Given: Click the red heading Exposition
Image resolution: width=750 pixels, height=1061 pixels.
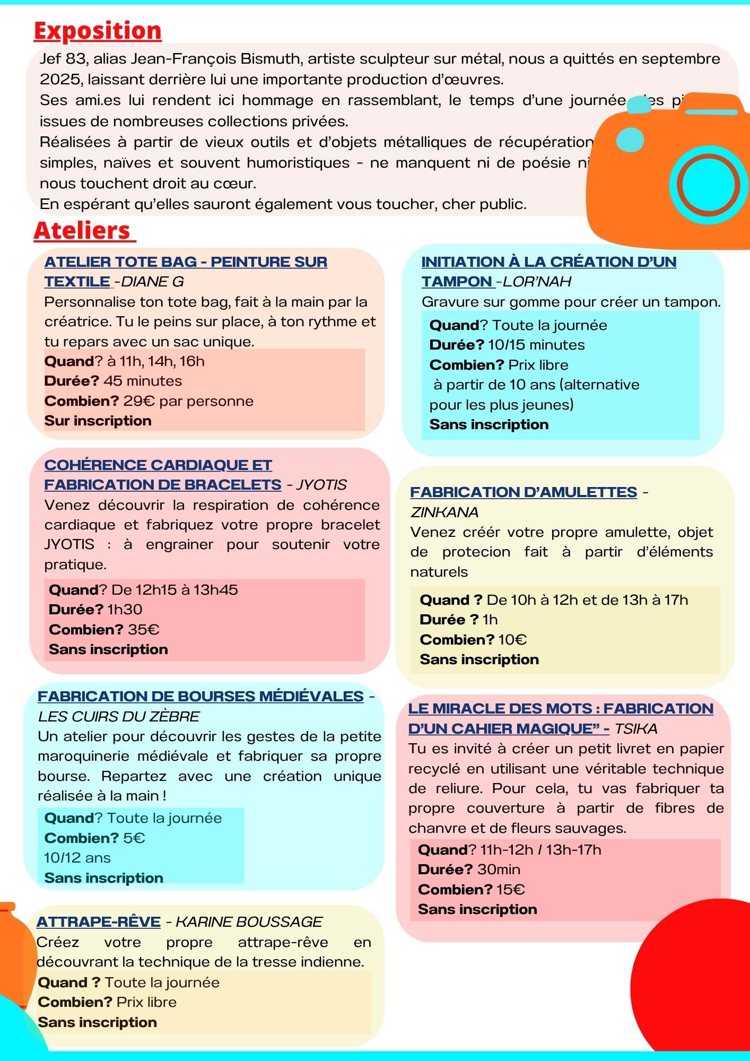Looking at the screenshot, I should coord(98,31).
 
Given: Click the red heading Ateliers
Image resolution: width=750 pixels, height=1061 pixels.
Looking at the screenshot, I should coord(82,231).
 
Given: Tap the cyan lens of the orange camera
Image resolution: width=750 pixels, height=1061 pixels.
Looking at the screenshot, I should coord(708,185).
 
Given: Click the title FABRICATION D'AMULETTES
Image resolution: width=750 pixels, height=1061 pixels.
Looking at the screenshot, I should coord(524,492).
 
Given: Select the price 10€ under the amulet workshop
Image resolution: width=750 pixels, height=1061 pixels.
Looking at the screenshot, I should coord(512,640).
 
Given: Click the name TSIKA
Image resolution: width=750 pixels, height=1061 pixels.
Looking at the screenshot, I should coord(636,729).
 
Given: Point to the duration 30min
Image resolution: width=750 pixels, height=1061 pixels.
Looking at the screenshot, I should coord(499,869).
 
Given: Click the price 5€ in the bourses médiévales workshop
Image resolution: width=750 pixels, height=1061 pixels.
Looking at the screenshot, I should coord(134,838).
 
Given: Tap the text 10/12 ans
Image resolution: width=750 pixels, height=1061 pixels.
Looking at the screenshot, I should coord(77,858).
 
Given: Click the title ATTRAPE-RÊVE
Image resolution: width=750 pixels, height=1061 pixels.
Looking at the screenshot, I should coord(99,922).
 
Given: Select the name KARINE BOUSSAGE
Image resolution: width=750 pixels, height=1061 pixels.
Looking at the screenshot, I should coord(249,922).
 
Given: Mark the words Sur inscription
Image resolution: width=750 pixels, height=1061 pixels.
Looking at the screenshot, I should coord(98,421).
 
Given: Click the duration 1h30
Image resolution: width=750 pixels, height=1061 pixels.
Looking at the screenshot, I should coord(125,610).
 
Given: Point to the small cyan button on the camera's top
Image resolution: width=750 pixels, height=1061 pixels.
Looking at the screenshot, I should coord(639,104).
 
